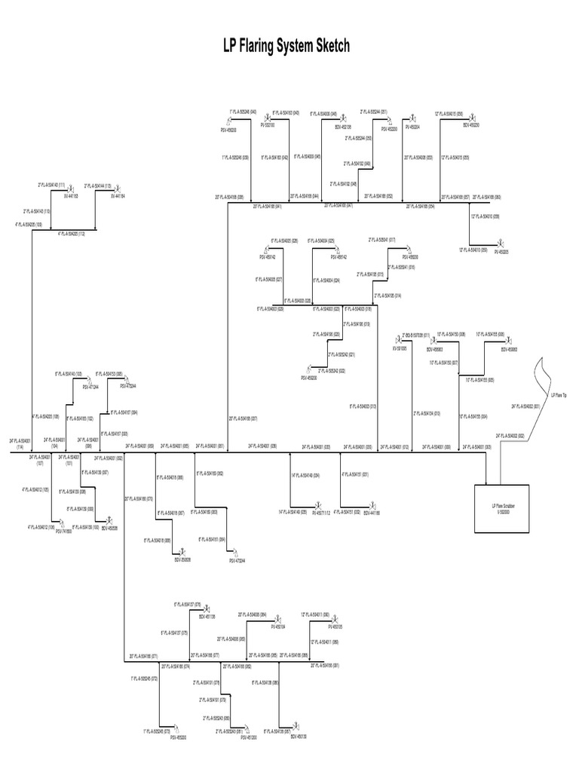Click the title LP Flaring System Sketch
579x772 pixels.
tap(286, 47)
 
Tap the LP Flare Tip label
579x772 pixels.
tap(559, 395)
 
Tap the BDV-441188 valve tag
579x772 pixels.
tap(372, 513)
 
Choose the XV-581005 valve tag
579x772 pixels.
tap(399, 348)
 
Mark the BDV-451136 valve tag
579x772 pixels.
tap(207, 616)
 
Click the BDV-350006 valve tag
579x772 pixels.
tap(182, 559)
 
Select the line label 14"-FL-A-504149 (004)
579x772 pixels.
tap(305, 475)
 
